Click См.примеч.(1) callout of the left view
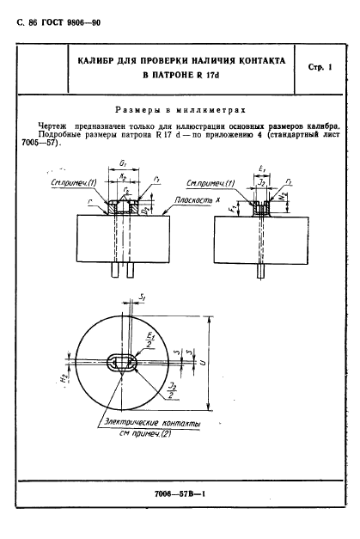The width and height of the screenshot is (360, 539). (x=71, y=184)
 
